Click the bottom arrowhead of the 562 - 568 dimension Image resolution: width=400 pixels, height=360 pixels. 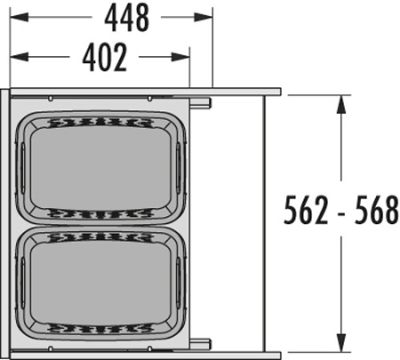pos(340,345)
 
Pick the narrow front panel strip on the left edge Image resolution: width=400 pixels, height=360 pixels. pos(8,222)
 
